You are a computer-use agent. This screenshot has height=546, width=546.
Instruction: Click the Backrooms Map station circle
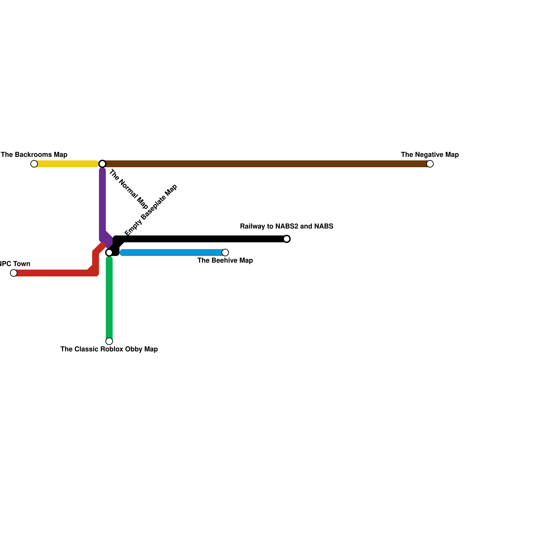pos(34,164)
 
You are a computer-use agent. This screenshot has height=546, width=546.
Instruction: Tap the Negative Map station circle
pos(430,164)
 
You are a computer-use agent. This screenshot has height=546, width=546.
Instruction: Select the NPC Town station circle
pos(14,273)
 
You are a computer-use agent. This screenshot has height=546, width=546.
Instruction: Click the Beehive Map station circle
pos(225,253)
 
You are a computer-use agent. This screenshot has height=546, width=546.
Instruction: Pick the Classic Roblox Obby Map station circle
pos(109,341)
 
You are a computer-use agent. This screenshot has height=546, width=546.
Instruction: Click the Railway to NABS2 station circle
pos(287,239)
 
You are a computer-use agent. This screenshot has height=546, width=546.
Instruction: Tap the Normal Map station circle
pos(102,164)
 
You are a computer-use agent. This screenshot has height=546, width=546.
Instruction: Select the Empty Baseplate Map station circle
pos(109,253)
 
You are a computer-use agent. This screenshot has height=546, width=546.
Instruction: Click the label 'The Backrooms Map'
pos(34,155)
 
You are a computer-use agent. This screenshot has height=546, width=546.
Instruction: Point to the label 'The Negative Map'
pos(430,155)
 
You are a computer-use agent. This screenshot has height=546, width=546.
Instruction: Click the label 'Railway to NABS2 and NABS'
pos(287,227)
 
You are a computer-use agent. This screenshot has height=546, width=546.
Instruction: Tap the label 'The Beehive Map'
pos(225,261)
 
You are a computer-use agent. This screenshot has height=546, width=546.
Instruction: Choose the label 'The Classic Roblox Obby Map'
pos(109,349)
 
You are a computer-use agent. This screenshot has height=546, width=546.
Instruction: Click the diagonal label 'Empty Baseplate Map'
pos(151,210)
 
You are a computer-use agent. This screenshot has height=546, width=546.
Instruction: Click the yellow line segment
pos(67,164)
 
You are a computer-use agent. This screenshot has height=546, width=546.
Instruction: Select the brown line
pos(266,164)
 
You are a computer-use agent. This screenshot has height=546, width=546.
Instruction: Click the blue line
pos(172,253)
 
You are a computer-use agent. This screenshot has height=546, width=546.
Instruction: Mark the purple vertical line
pos(102,201)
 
